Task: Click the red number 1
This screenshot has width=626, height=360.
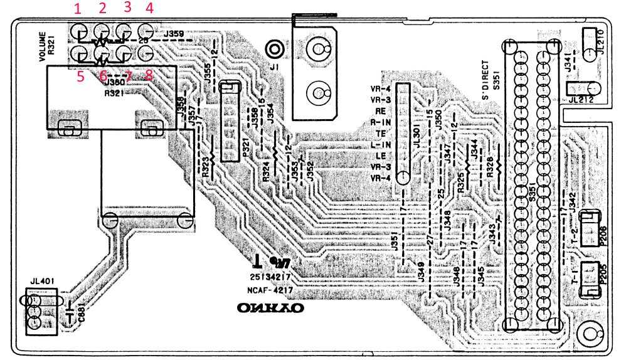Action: [78, 9]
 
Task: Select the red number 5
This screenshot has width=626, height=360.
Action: [80, 77]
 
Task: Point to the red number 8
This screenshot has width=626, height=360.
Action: [149, 75]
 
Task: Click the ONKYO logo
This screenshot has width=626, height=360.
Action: [270, 309]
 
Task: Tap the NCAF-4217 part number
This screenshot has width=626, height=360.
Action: [270, 289]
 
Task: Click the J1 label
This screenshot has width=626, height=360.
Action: [273, 67]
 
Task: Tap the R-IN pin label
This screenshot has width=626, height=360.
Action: [381, 122]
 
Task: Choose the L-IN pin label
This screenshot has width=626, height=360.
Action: [381, 145]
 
